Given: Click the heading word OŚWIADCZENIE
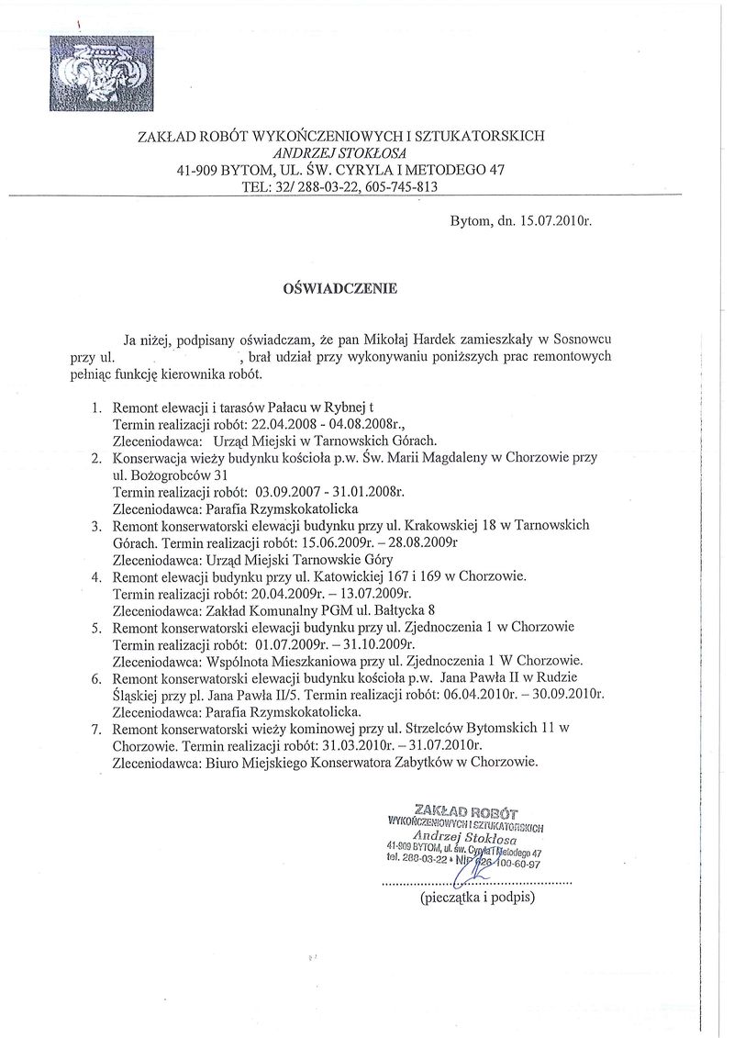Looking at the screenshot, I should tap(340, 287).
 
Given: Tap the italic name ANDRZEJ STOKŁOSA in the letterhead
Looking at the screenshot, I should tap(340, 152).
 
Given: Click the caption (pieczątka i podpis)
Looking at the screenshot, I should tap(477, 898).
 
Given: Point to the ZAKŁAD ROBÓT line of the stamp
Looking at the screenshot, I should tap(466, 811).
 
